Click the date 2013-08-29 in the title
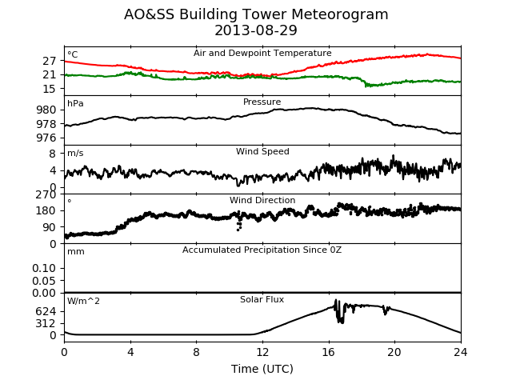256,30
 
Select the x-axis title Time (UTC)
262,369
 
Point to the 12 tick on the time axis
262,352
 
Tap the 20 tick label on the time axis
394,352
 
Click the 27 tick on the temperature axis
50,61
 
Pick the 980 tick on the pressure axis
46,110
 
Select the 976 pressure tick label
46,138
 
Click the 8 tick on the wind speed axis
53,153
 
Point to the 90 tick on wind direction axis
50,227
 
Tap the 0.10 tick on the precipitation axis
44,269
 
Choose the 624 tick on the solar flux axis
46,311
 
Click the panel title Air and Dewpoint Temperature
262,54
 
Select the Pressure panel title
262,102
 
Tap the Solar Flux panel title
262,299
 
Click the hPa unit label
75,104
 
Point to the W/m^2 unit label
83,301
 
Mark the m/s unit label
75,153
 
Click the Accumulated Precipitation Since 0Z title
262,250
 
